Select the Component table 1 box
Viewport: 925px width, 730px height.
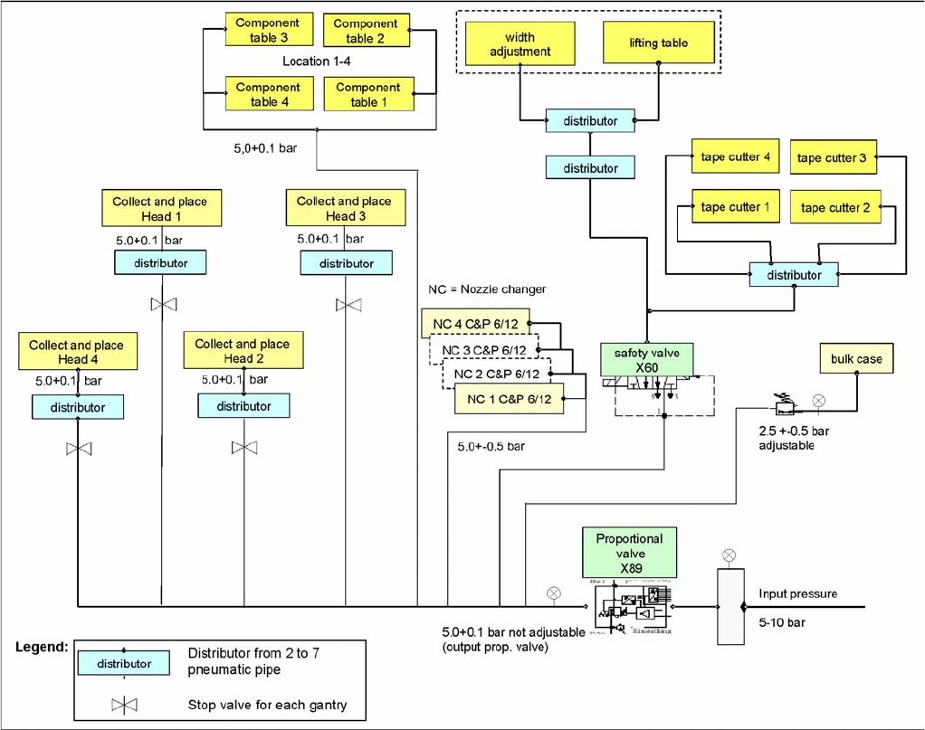368,95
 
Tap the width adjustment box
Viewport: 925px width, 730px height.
520,44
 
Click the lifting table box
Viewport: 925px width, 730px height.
658,43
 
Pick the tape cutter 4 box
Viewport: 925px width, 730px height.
735,157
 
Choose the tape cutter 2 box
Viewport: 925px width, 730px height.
834,208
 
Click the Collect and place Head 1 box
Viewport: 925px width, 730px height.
160,208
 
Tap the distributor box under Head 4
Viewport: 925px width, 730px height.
78,408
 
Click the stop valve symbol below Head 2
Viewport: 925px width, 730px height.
243,448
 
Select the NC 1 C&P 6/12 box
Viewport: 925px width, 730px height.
510,399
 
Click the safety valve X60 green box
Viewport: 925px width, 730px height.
647,359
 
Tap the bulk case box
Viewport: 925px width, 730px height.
855,359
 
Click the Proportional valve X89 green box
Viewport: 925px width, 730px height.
629,553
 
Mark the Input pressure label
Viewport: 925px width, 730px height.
797,594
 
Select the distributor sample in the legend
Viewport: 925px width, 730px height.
124,663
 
